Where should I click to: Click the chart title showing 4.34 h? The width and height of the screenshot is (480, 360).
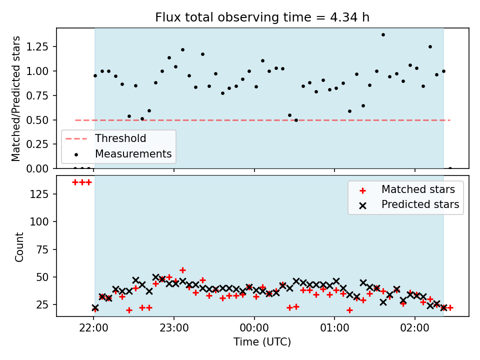pyautogui.click(x=262, y=17)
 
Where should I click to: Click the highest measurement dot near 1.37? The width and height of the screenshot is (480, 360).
pyautogui.click(x=383, y=35)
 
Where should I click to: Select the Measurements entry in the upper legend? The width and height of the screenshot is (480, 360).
pyautogui.click(x=123, y=153)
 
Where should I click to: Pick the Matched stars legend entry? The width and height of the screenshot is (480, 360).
pyautogui.click(x=407, y=189)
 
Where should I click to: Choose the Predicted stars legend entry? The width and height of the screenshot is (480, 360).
pyautogui.click(x=409, y=204)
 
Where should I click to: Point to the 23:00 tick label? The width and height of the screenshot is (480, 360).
pyautogui.click(x=174, y=328)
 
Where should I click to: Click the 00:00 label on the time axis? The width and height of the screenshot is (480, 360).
pyautogui.click(x=254, y=328)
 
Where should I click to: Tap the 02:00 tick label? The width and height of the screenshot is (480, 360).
pyautogui.click(x=415, y=328)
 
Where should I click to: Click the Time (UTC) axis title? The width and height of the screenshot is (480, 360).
pyautogui.click(x=262, y=341)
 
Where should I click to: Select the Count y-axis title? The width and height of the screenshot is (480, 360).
pyautogui.click(x=19, y=247)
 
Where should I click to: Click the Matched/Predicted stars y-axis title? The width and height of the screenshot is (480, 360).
pyautogui.click(x=15, y=98)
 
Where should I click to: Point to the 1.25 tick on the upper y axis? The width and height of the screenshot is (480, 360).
pyautogui.click(x=37, y=46)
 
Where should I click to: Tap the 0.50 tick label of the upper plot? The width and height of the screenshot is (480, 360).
pyautogui.click(x=37, y=120)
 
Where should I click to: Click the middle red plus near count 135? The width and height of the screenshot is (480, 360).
pyautogui.click(x=82, y=182)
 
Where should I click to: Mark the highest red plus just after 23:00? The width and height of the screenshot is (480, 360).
pyautogui.click(x=183, y=270)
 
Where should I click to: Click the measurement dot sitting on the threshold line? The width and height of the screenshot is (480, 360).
pyautogui.click(x=296, y=120)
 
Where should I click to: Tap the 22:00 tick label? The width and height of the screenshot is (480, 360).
pyautogui.click(x=93, y=328)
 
